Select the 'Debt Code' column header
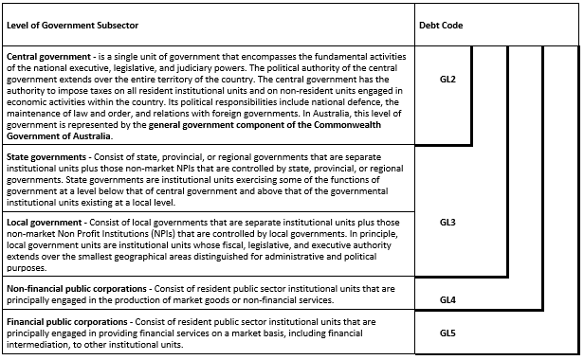pyautogui.click(x=441, y=25)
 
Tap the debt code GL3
pyautogui.click(x=448, y=222)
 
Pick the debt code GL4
pyautogui.click(x=448, y=300)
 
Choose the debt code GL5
pyautogui.click(x=448, y=333)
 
